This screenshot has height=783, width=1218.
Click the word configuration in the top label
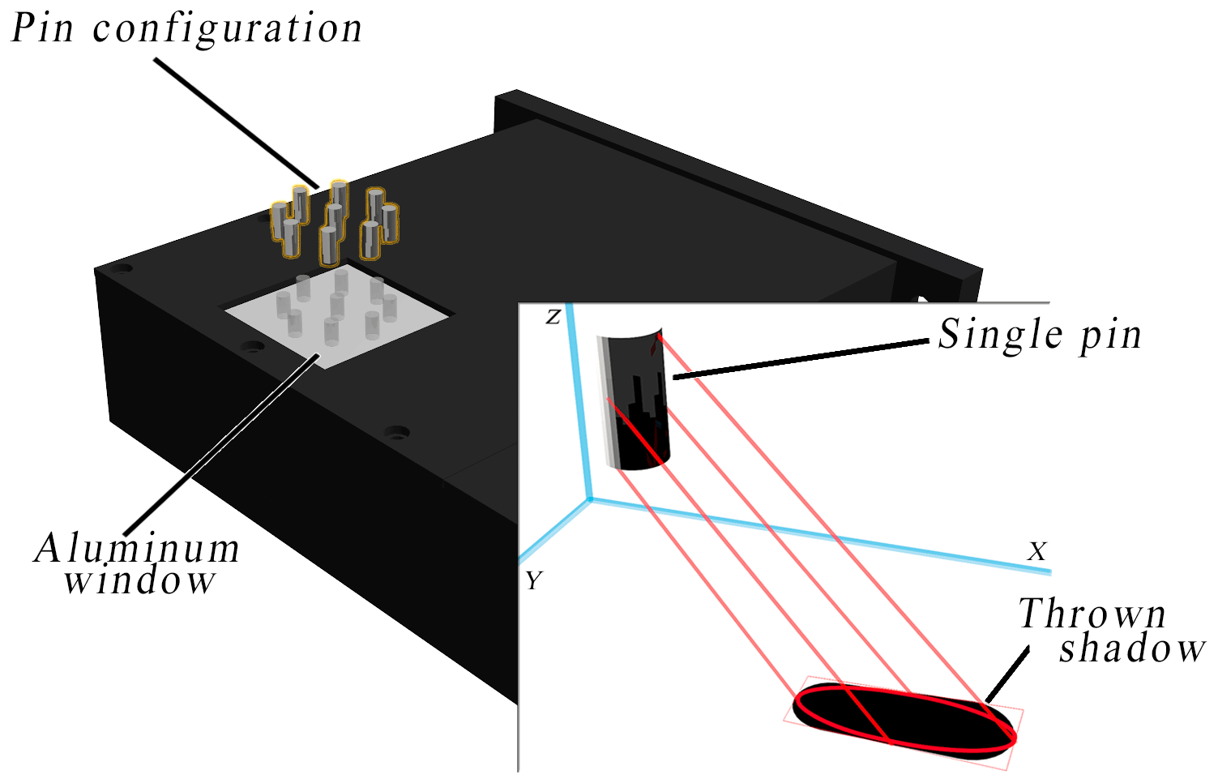point(228,30)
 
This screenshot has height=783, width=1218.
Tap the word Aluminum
point(137,549)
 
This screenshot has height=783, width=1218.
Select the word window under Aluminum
point(140,581)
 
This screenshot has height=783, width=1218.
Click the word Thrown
point(1092,614)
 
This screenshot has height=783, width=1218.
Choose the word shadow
point(1132,648)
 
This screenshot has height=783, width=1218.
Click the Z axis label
point(553,317)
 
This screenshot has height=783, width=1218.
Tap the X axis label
point(1036,552)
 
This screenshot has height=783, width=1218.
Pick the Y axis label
point(533,581)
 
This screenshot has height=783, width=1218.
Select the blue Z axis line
point(581,405)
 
